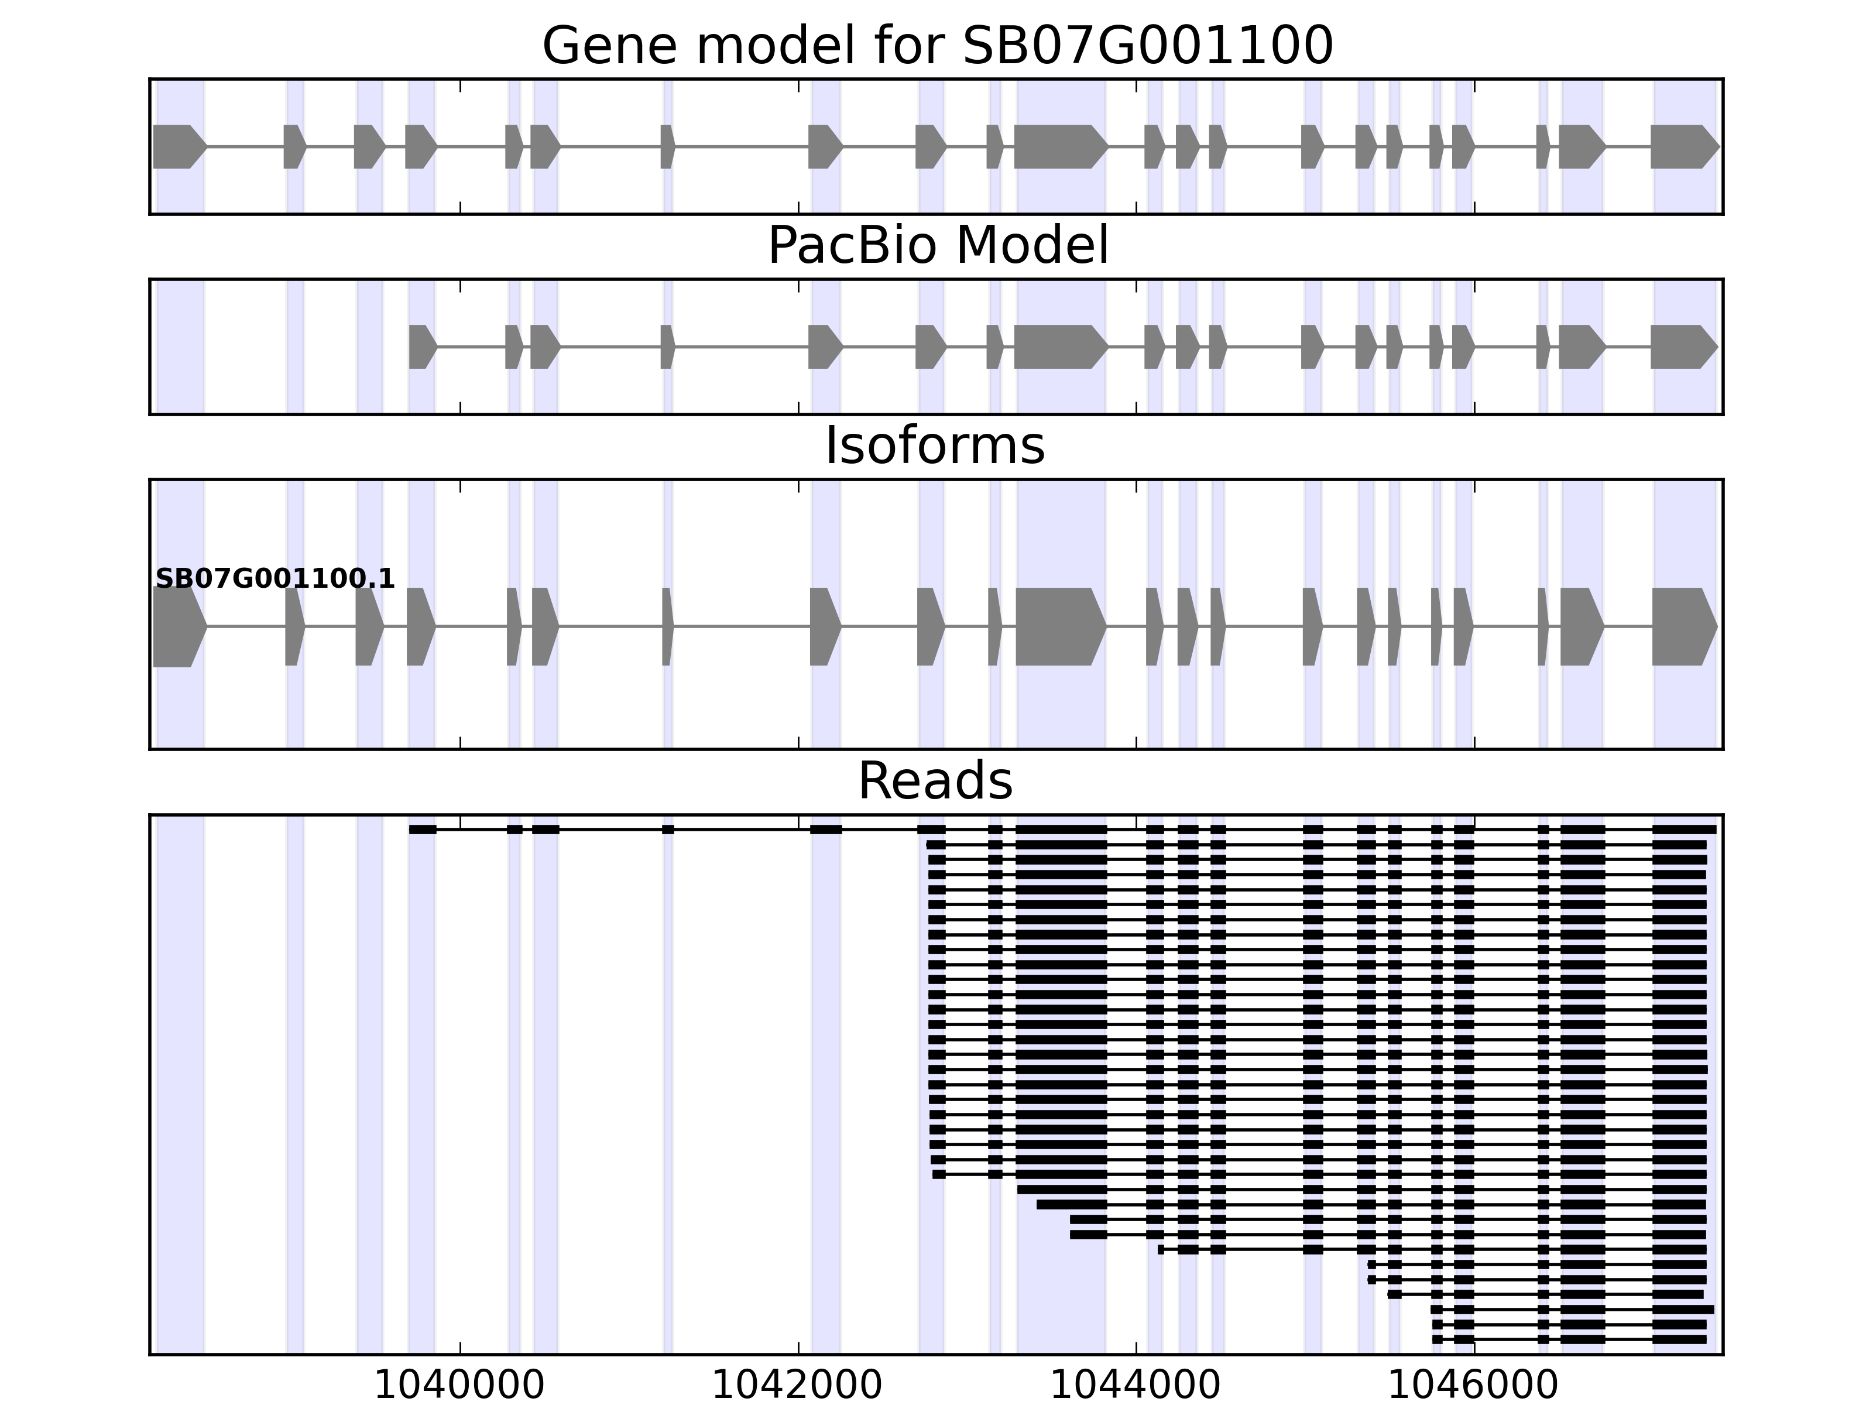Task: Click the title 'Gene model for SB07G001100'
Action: coord(937,45)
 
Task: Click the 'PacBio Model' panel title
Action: coord(937,246)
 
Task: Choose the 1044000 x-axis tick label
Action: coord(1135,1386)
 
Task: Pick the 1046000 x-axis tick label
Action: coord(1473,1386)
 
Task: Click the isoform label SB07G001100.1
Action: coord(275,578)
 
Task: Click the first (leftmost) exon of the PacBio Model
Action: coord(421,347)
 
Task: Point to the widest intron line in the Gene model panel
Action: coord(742,146)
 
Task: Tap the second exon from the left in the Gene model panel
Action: coord(293,146)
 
